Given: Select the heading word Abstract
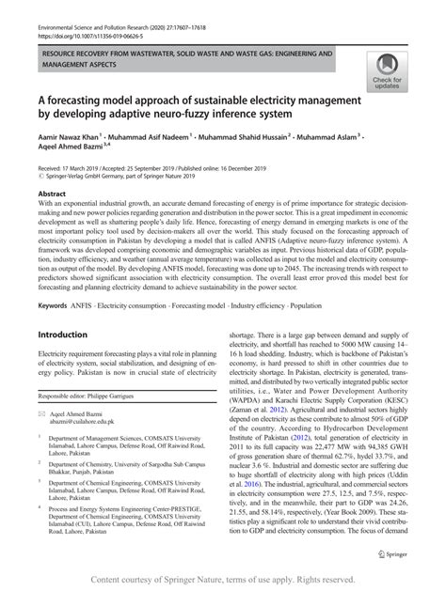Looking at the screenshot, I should click(54, 193).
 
